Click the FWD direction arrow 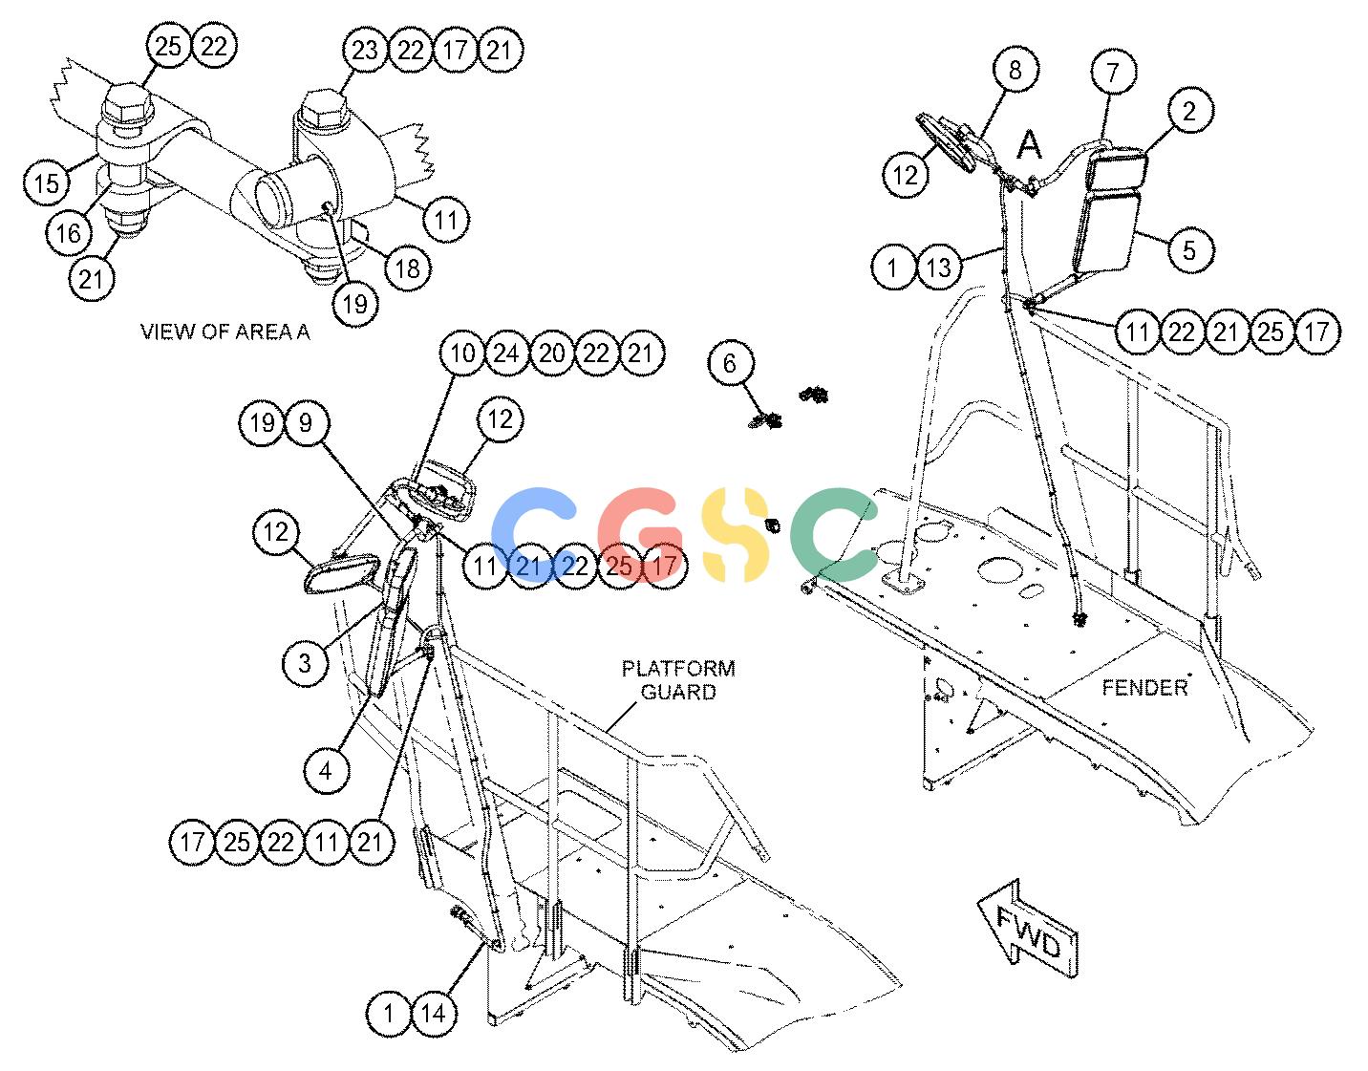point(1027,931)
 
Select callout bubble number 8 point(1015,69)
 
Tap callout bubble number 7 point(1113,72)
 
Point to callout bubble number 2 point(1189,111)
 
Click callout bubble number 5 point(1189,249)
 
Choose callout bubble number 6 point(730,363)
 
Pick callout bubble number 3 point(306,662)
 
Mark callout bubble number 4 point(326,769)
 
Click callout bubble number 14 point(433,1014)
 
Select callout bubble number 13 point(939,267)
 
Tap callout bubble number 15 point(46,183)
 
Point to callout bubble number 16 point(69,233)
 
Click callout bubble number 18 point(407,268)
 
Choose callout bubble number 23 point(365,50)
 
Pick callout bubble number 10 point(462,353)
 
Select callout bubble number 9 point(306,422)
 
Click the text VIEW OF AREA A point(224,332)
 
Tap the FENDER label point(1144,688)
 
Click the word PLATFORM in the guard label point(678,668)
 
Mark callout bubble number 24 point(506,353)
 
